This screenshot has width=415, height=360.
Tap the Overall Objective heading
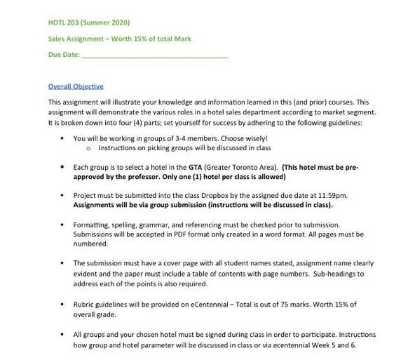(76, 86)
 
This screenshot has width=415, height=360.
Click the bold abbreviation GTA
(195, 168)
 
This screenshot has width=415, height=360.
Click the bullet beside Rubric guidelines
(63, 304)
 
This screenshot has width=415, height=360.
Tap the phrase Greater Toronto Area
(243, 168)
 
